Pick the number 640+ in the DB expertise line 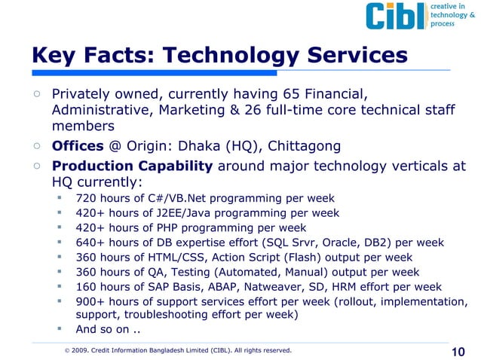click(90, 243)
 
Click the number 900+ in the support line click(90, 301)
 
